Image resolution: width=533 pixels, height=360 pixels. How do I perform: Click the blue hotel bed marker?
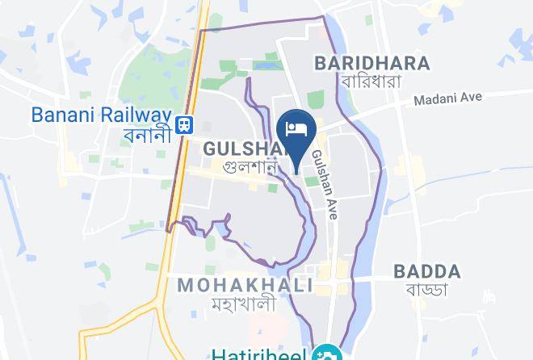[x=296, y=130]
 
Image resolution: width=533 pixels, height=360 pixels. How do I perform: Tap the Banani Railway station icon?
[x=185, y=124]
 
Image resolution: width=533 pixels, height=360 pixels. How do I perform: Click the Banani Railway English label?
[x=102, y=115]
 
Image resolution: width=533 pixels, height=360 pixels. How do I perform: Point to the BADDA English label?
[x=427, y=271]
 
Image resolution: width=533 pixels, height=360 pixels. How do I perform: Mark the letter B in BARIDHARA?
[x=321, y=62]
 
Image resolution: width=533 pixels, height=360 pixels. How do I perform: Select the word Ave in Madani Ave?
[x=471, y=98]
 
